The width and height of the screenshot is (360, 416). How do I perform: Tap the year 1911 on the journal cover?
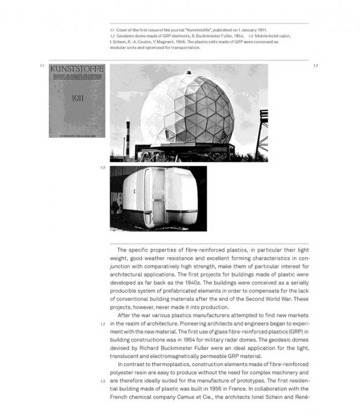(x=77, y=98)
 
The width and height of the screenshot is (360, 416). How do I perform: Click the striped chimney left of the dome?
(x=128, y=136)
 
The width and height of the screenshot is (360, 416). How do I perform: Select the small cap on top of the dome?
(x=188, y=74)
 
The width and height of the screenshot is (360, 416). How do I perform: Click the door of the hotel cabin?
(x=158, y=196)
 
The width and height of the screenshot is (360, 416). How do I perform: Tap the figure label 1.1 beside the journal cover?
(x=42, y=66)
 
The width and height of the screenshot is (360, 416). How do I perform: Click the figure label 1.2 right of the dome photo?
(x=316, y=66)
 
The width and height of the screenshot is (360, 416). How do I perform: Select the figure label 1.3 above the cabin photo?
(x=102, y=168)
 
